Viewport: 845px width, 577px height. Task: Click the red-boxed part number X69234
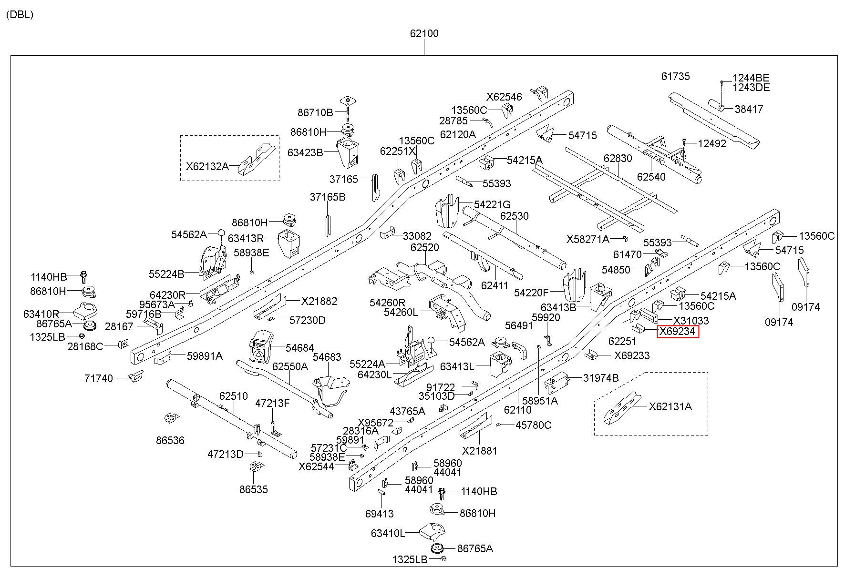(677, 331)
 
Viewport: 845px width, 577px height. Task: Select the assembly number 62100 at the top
(424, 33)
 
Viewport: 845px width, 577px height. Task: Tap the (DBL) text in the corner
(20, 14)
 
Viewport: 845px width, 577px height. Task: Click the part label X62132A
(207, 166)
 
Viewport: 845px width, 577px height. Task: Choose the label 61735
(675, 76)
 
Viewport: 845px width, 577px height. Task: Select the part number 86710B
(315, 112)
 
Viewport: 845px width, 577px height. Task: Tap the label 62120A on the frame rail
(458, 134)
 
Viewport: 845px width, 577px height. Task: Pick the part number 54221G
(492, 204)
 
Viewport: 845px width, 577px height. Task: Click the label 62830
(618, 158)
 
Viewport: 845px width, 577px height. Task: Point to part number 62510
(234, 396)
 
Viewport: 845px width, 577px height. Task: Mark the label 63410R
(41, 314)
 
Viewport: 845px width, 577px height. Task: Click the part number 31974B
(601, 378)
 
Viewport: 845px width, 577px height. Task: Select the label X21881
(479, 450)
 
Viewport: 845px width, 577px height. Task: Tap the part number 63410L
(388, 533)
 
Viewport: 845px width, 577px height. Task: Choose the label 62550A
(290, 366)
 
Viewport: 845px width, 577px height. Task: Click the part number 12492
(712, 143)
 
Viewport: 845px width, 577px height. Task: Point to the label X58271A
(588, 239)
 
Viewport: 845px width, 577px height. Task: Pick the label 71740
(99, 378)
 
